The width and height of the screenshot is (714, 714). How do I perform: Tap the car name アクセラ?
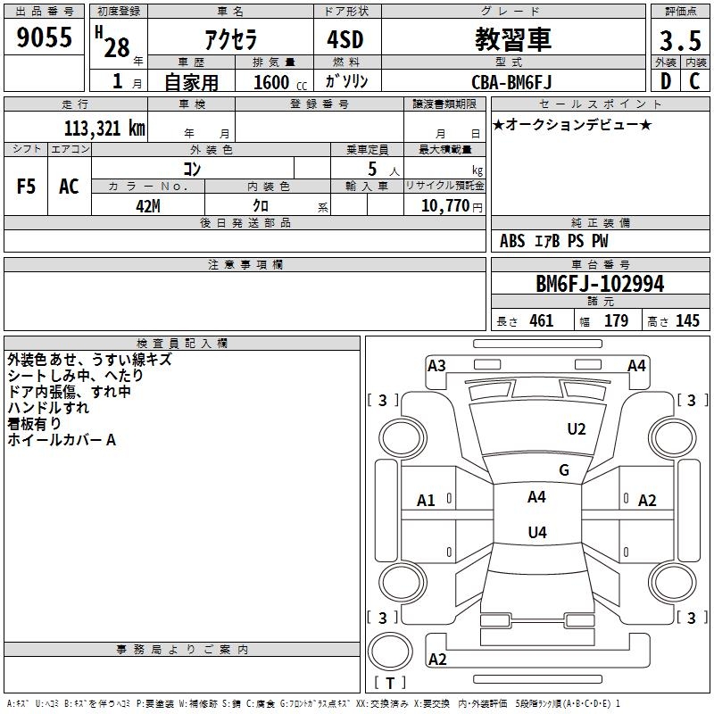[229, 40]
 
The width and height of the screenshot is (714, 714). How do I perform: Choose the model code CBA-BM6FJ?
[511, 82]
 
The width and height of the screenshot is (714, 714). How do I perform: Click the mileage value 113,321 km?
[104, 128]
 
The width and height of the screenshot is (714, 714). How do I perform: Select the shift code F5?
[27, 187]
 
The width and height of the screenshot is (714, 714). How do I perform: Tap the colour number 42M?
[147, 205]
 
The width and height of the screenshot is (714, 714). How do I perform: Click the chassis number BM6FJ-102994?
[600, 284]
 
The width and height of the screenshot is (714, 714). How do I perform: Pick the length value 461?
[541, 321]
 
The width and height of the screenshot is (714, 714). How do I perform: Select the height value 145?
[687, 321]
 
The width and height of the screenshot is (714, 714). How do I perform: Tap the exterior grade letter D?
[665, 82]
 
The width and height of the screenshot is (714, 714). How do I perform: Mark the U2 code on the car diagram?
[577, 429]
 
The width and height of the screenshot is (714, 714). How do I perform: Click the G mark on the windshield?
[564, 470]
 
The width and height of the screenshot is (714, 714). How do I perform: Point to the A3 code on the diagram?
[436, 366]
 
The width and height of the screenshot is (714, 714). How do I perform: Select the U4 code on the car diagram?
[536, 533]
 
